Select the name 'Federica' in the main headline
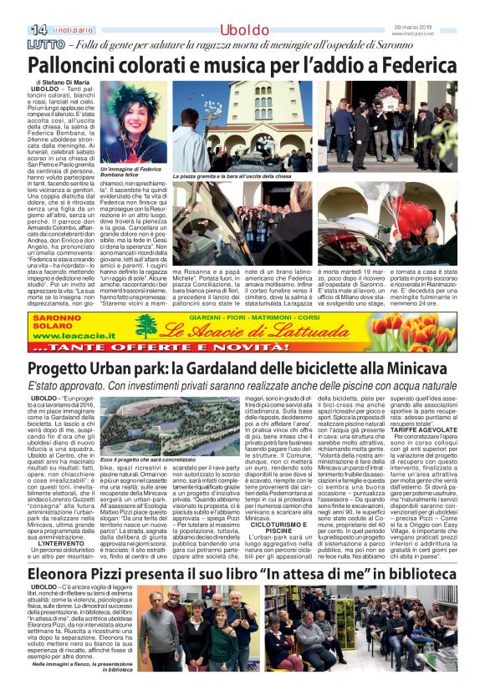pos(415,65)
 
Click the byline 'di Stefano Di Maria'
pos(64,83)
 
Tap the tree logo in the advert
pos(147,327)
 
